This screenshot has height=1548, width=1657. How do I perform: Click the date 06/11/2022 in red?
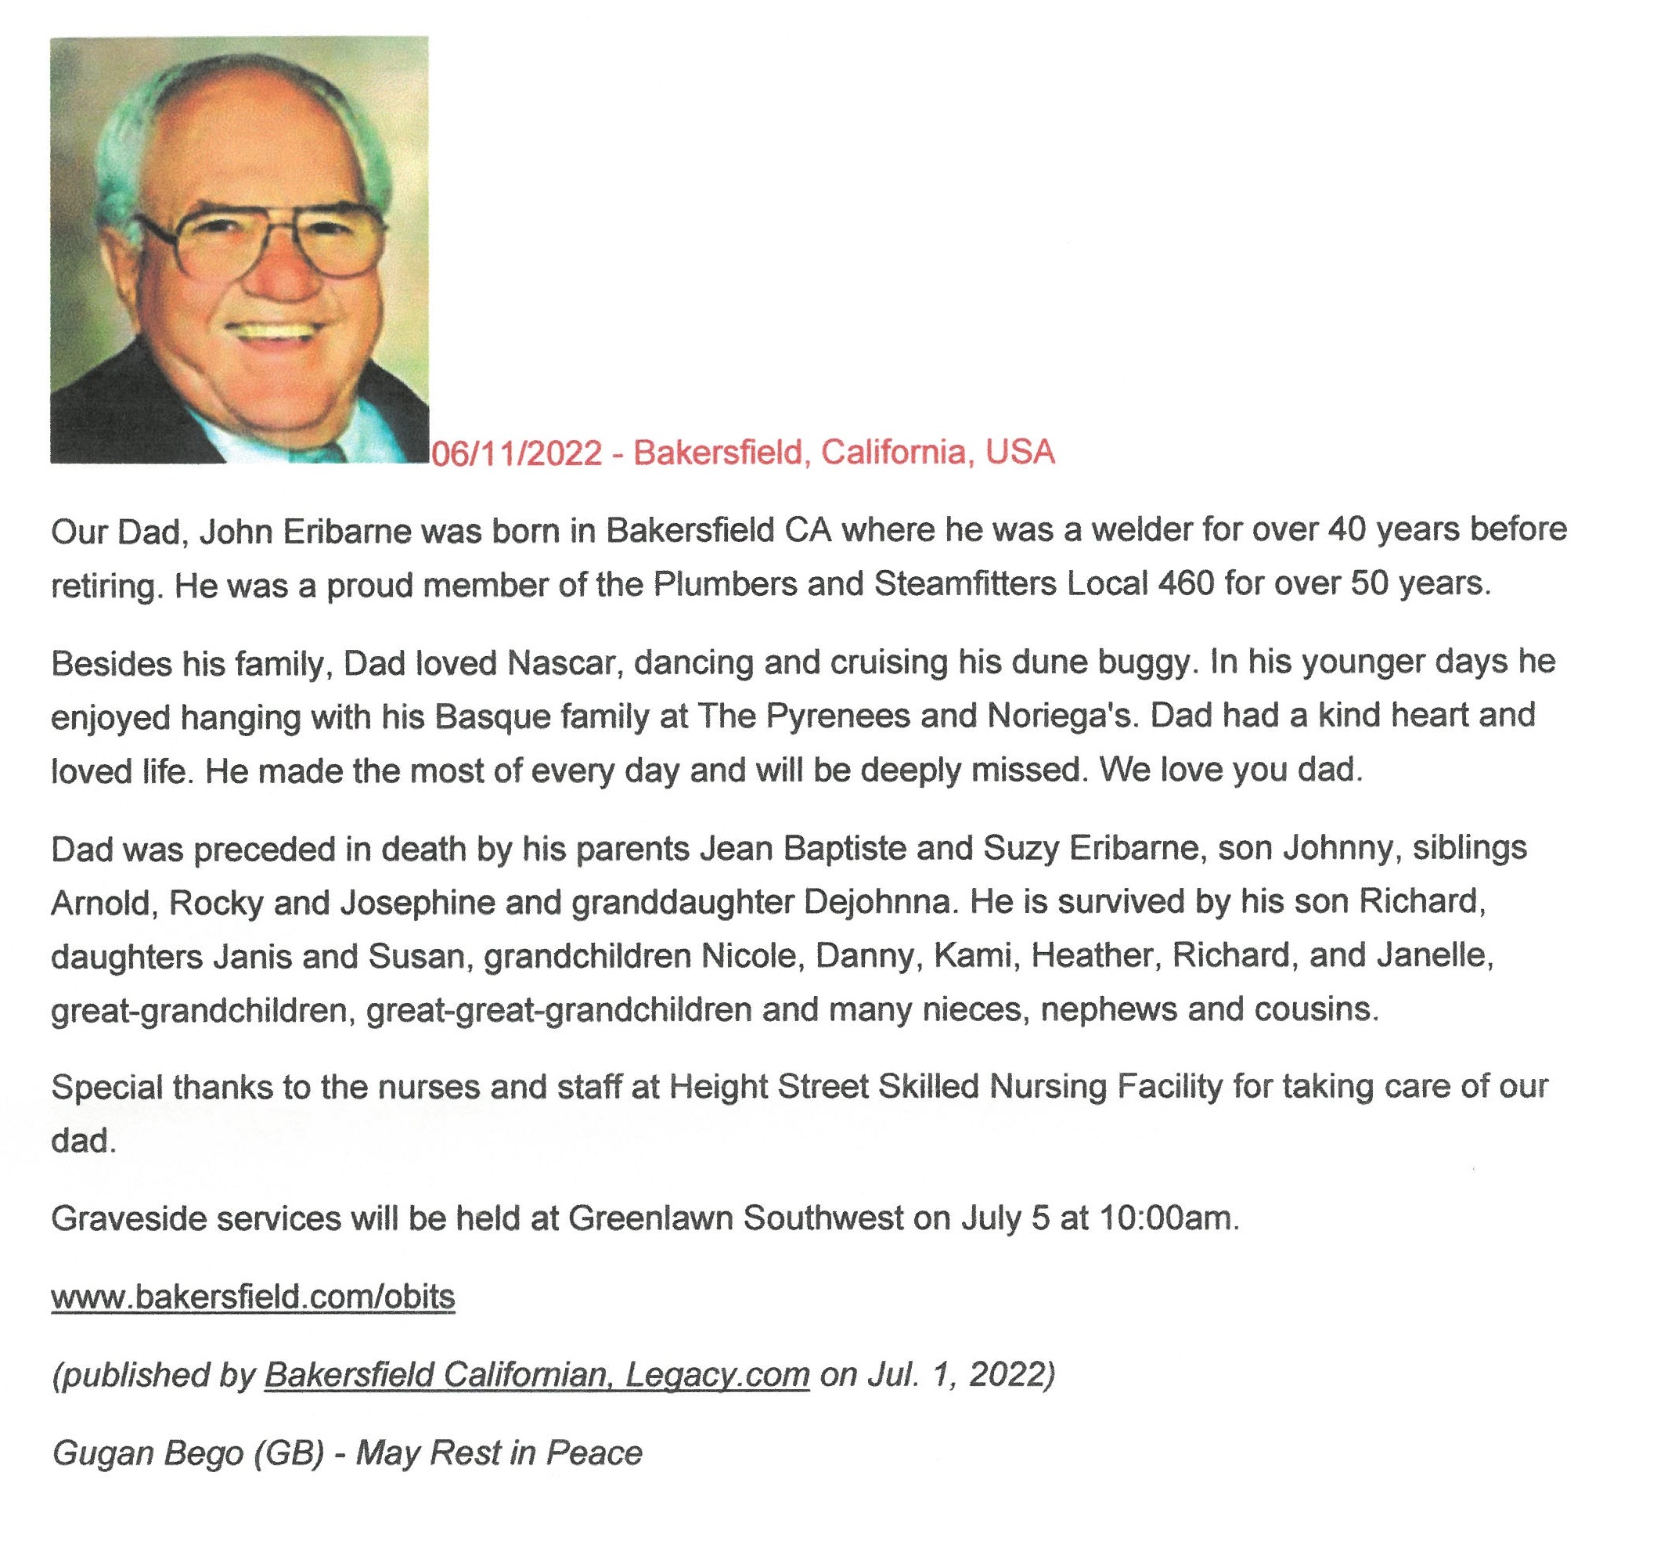[x=516, y=453]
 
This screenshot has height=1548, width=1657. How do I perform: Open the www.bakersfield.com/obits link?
[x=254, y=1297]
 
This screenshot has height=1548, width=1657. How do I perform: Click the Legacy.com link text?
[x=717, y=1375]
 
